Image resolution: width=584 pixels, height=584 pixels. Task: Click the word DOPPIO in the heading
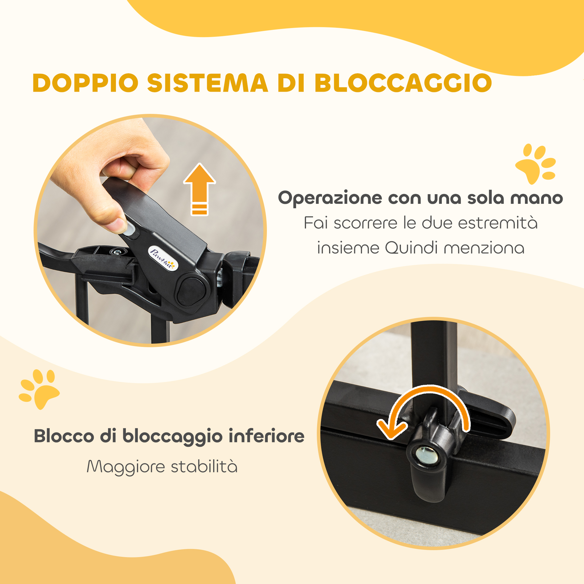point(86,83)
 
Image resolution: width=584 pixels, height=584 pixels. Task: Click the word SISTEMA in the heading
point(208,83)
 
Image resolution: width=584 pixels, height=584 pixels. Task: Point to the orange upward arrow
point(199,189)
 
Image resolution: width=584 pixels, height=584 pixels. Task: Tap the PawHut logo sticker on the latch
point(163,259)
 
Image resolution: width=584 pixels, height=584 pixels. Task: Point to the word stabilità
point(204,466)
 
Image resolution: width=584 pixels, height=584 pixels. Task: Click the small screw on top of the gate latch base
point(116,251)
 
